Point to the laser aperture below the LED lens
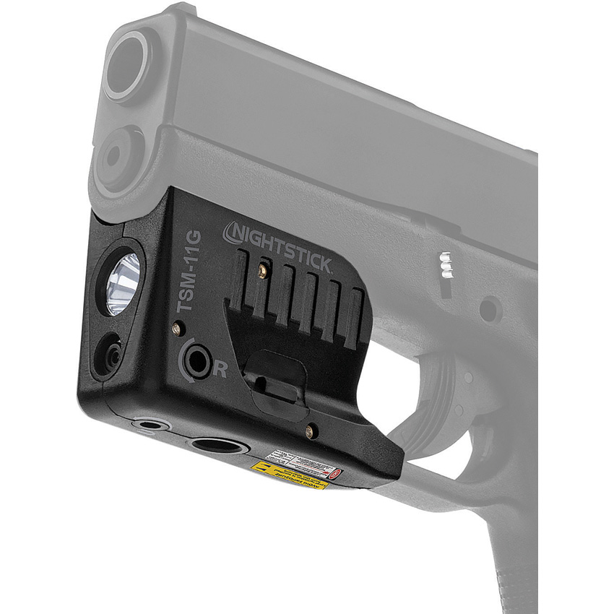pyautogui.click(x=111, y=353)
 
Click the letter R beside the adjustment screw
pyautogui.click(x=222, y=371)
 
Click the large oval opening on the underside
pyautogui.click(x=220, y=445)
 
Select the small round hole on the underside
pyautogui.click(x=152, y=425)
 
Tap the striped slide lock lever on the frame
pyautogui.click(x=448, y=265)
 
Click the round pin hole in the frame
pyautogui.click(x=490, y=311)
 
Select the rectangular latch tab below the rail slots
pyautogui.click(x=275, y=376)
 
